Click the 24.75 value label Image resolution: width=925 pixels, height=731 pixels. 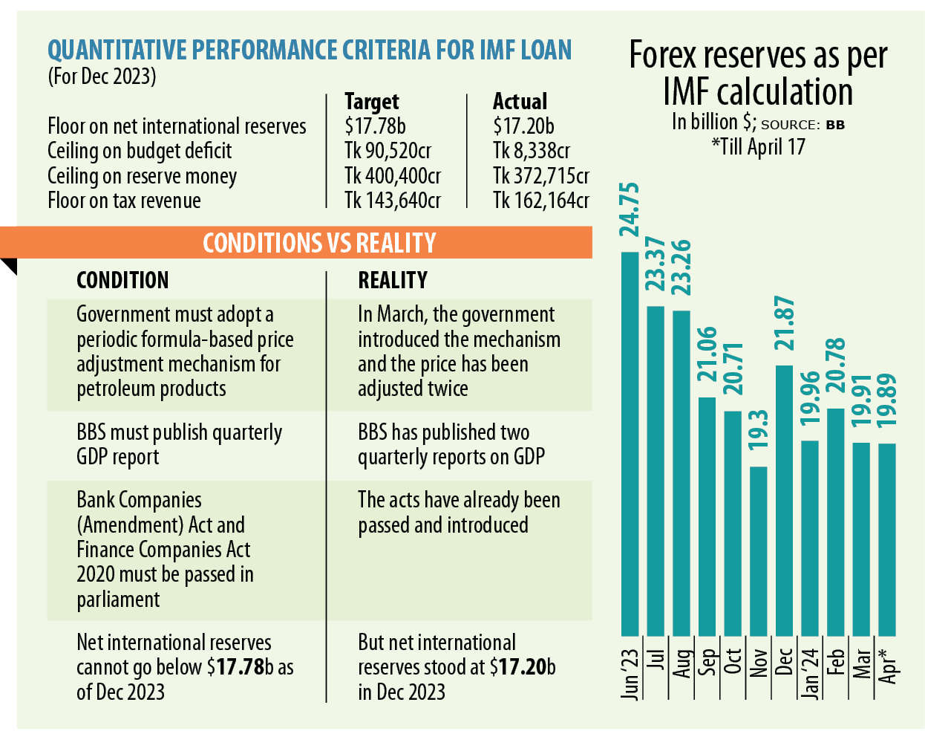[630, 209]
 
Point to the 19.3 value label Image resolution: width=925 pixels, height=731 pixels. [758, 429]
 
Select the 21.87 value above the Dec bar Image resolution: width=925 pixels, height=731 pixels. [784, 323]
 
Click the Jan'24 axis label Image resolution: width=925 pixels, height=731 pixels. [810, 673]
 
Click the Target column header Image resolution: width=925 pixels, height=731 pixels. [371, 102]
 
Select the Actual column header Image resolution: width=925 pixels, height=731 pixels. [520, 102]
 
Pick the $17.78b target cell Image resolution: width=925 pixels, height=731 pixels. [375, 126]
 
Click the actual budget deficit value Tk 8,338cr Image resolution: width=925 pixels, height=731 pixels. [531, 151]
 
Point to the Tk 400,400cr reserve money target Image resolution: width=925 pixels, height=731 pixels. [392, 176]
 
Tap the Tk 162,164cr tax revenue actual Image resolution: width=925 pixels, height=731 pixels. [540, 201]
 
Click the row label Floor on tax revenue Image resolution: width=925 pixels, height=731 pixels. [124, 201]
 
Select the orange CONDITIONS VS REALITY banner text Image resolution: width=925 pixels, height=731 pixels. [319, 243]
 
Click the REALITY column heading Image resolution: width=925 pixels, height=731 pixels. [393, 280]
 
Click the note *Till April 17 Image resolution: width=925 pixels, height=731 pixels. [758, 146]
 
